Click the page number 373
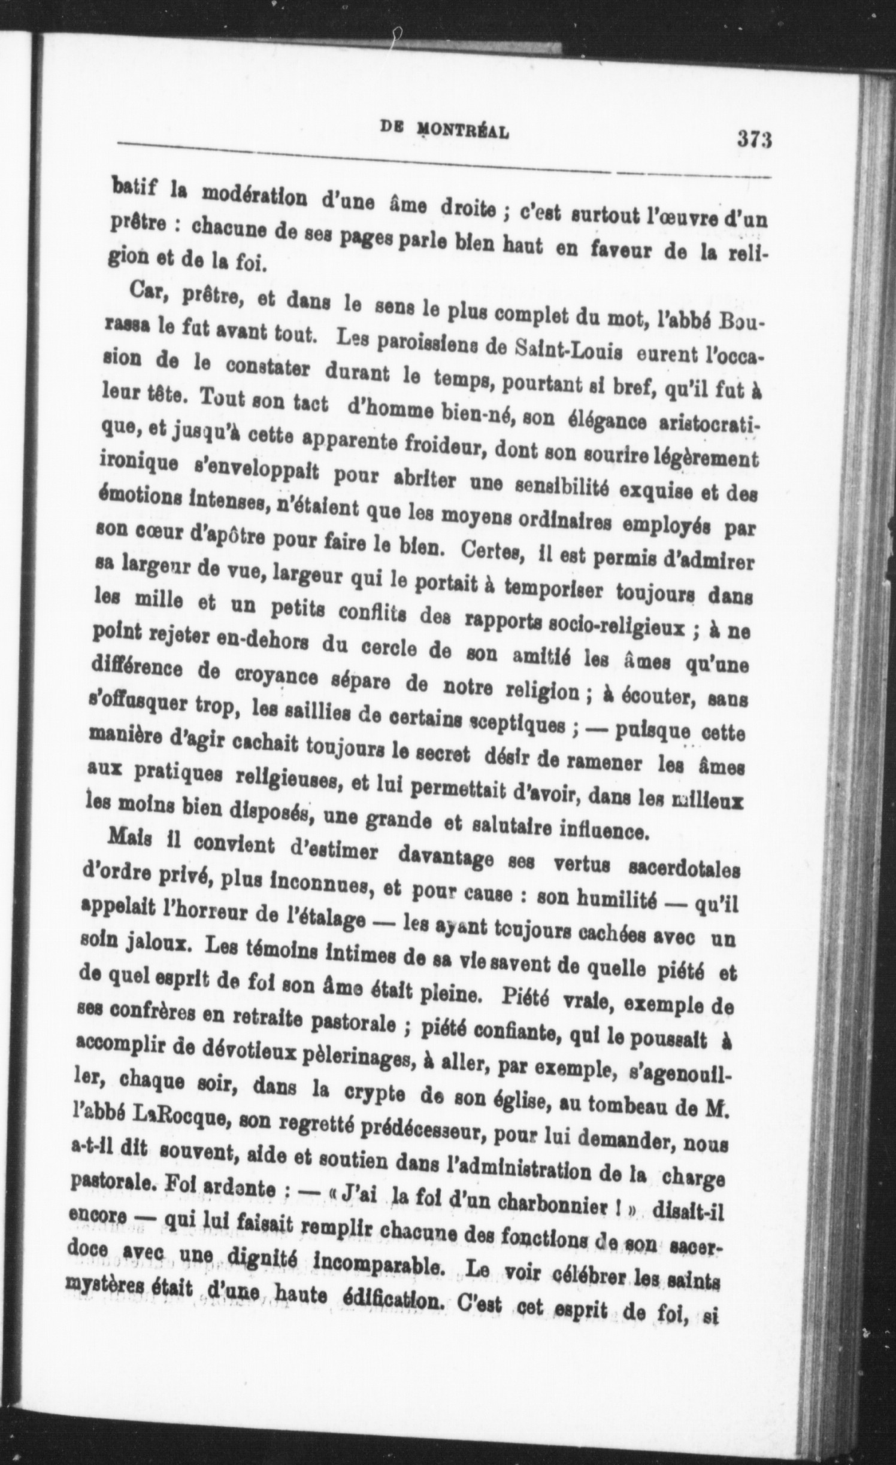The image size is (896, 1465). [x=753, y=140]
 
